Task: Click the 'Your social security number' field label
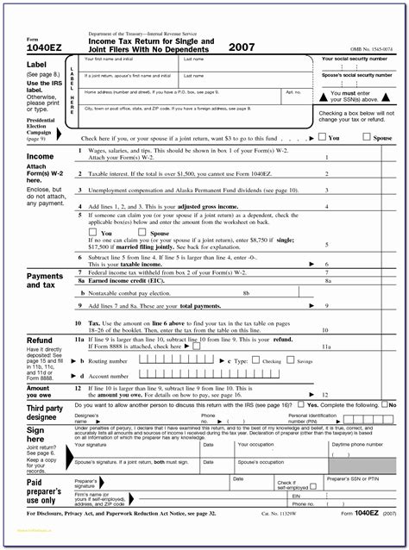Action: click(x=357, y=59)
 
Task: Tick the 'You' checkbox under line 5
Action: click(x=93, y=233)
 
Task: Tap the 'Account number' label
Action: click(x=107, y=376)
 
